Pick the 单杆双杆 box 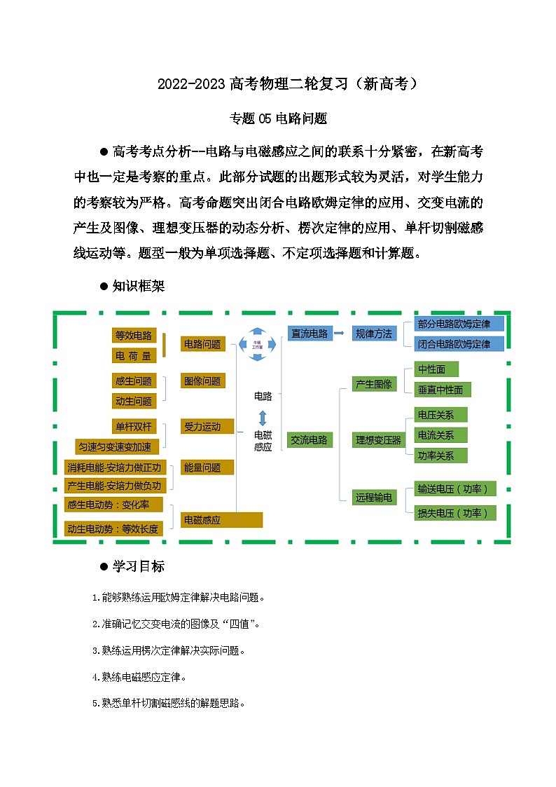(134, 427)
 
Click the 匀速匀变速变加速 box (118, 446)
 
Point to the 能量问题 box (207, 467)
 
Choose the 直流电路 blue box (310, 334)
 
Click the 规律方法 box (374, 334)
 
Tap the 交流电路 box (310, 440)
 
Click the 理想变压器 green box (379, 440)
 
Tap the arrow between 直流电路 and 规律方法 (340, 334)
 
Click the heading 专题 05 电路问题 (278, 118)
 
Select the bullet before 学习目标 (104, 566)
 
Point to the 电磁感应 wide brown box (222, 520)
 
